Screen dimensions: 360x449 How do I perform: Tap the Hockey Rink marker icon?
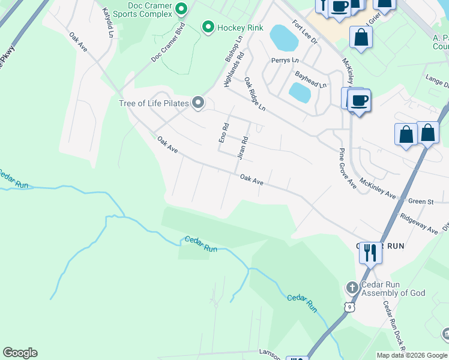[x=208, y=27]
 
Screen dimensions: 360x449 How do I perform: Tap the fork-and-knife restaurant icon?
[x=370, y=253]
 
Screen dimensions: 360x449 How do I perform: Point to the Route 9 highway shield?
[x=349, y=307]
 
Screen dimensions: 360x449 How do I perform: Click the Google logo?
[x=20, y=353]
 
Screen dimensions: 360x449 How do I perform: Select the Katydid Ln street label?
[x=107, y=22]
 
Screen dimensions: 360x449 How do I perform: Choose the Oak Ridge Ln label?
[x=255, y=93]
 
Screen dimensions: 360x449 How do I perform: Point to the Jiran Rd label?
[x=243, y=146]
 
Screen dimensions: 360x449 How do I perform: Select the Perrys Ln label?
[x=285, y=61]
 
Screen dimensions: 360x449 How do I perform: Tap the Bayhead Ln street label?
[x=310, y=80]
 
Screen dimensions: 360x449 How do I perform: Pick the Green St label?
[x=421, y=202]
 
